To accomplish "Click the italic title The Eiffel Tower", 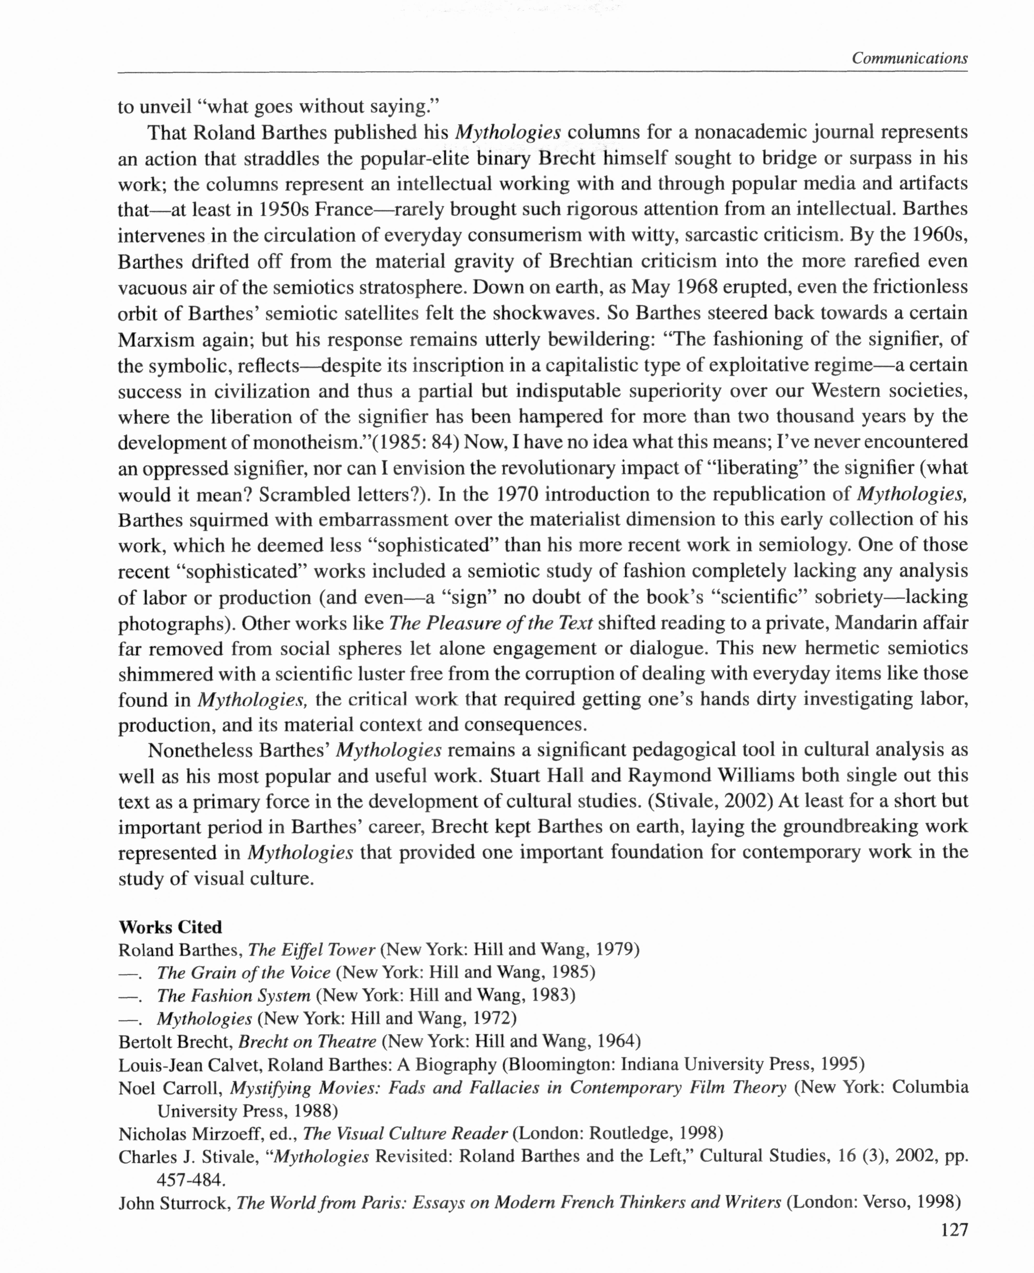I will pyautogui.click(x=311, y=949).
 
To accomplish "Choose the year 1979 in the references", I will pyautogui.click(x=613, y=949).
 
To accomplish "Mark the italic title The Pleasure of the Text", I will pyautogui.click(x=490, y=623).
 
